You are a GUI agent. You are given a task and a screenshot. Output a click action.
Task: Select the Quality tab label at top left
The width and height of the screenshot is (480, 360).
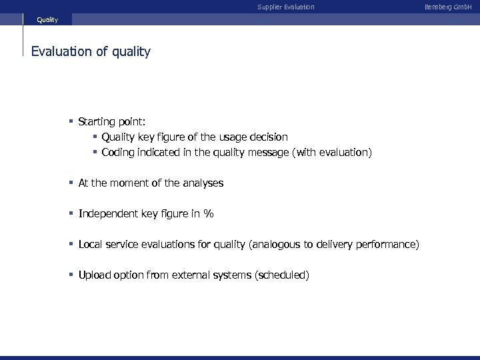(x=47, y=20)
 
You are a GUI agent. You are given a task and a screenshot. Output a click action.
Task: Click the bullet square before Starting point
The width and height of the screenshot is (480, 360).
(x=71, y=121)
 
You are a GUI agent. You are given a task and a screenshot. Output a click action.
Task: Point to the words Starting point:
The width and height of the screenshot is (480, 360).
(x=111, y=121)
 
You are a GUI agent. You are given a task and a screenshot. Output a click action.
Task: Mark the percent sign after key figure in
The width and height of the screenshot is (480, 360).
(x=209, y=214)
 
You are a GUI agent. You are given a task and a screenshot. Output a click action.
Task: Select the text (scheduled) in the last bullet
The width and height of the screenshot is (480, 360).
(x=282, y=275)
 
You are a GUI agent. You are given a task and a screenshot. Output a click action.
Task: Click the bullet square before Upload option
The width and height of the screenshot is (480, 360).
(x=71, y=275)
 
